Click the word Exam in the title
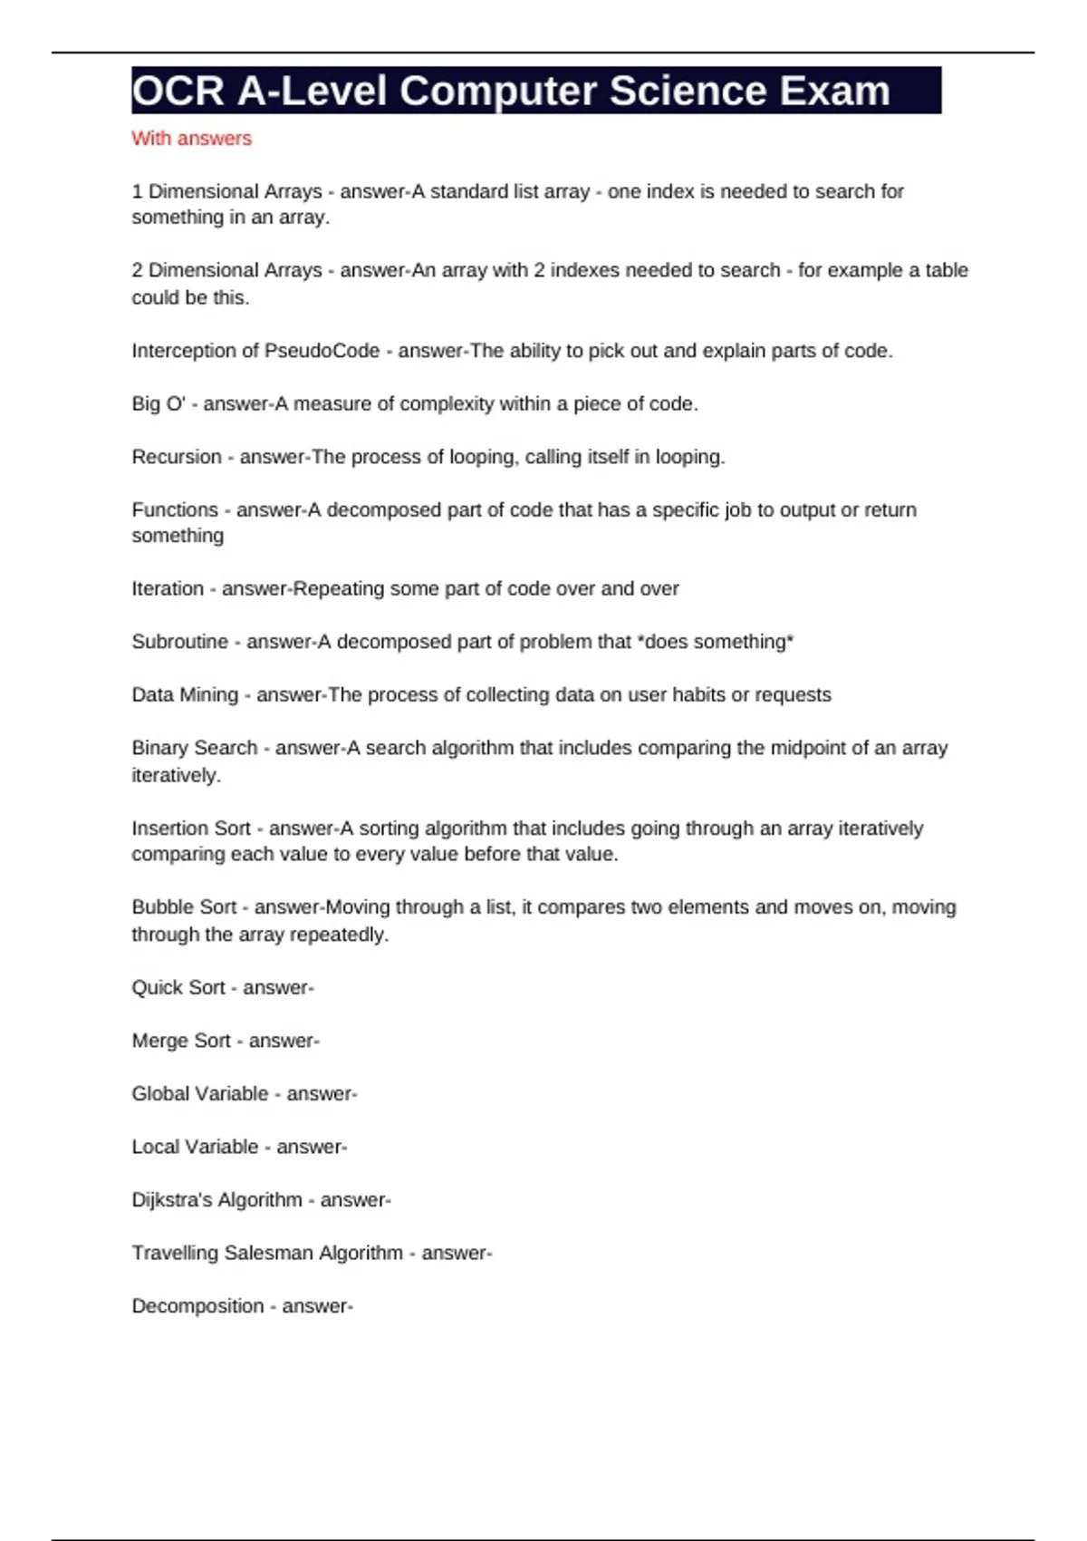(x=834, y=91)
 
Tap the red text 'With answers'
(x=191, y=139)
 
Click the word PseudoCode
(x=322, y=351)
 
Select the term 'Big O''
(x=159, y=404)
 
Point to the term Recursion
(x=177, y=457)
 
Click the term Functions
(x=175, y=510)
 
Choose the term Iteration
(x=168, y=589)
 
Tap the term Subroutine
(x=179, y=642)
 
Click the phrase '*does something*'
(x=716, y=642)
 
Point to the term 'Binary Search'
(x=195, y=748)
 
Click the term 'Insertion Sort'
(x=191, y=829)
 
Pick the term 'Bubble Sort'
(x=184, y=907)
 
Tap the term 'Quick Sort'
(x=178, y=988)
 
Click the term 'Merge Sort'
(x=181, y=1041)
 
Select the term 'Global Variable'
(x=200, y=1094)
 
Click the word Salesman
(x=268, y=1253)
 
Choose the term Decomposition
(x=197, y=1306)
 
